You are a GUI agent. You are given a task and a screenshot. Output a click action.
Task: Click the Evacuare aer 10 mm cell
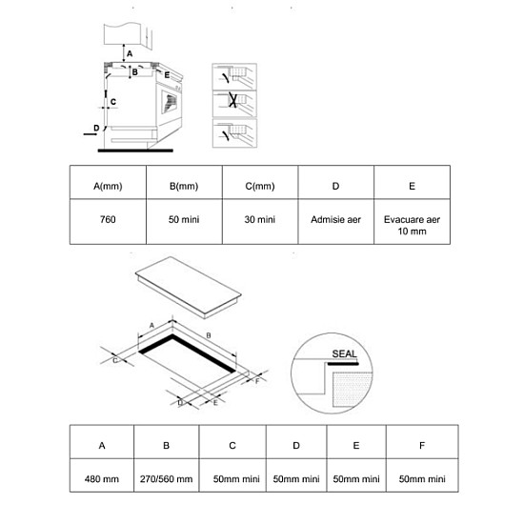tap(412, 221)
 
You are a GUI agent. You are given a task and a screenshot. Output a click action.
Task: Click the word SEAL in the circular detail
tap(344, 353)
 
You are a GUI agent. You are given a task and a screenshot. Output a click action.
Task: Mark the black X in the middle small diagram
tap(232, 100)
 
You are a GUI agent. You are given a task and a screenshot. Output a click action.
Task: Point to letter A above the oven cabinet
tap(130, 53)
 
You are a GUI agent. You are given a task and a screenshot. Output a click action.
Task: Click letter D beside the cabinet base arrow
tap(96, 128)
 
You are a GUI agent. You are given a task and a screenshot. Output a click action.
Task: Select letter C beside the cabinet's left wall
tap(113, 102)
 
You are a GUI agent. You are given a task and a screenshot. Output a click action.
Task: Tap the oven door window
tap(169, 102)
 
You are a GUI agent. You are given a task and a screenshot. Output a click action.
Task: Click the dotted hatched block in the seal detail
tap(353, 390)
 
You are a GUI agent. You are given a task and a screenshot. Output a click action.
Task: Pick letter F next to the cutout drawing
tap(257, 381)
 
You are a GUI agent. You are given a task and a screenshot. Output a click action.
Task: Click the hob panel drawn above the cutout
tap(188, 286)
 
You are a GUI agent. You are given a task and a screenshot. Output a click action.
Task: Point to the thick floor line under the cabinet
tap(135, 151)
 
